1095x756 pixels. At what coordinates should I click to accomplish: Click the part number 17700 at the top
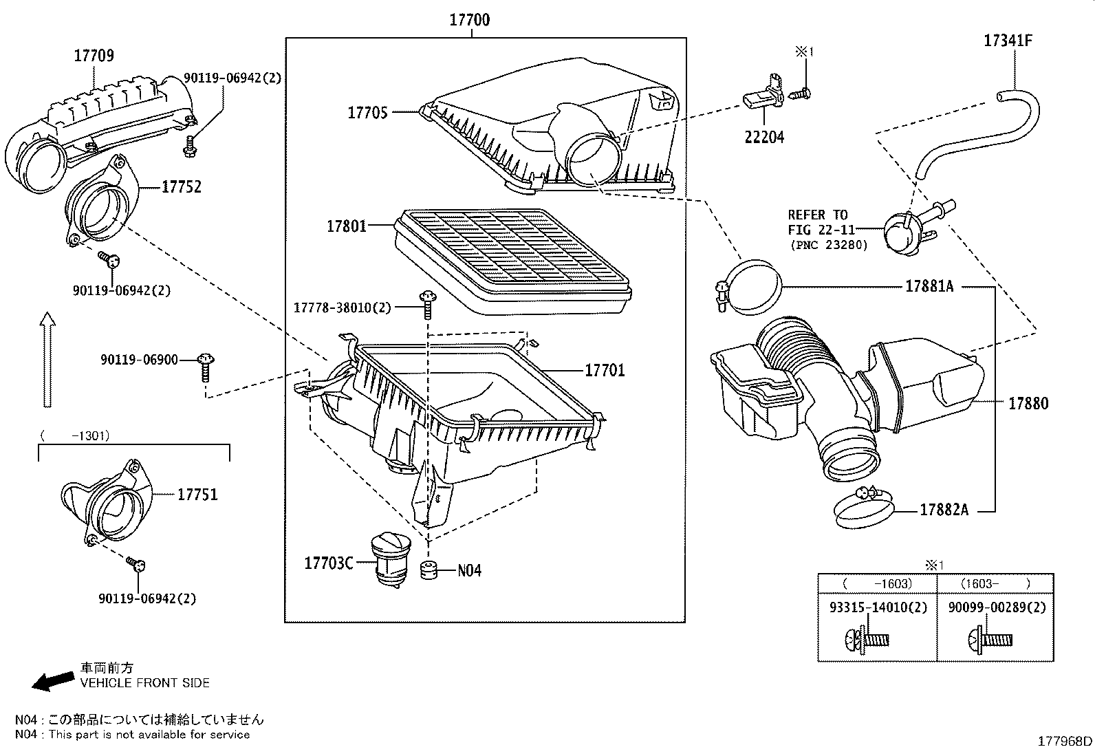[470, 20]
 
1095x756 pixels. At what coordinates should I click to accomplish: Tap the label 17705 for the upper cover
[367, 112]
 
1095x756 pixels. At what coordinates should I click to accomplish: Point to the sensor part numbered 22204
[762, 99]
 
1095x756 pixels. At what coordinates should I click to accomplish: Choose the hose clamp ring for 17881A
[753, 288]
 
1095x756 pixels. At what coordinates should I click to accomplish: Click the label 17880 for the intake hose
[1028, 404]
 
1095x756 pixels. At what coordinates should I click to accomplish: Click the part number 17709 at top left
[94, 56]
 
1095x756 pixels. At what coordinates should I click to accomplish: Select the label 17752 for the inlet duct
[181, 186]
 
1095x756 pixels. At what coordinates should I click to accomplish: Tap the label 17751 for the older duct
[197, 495]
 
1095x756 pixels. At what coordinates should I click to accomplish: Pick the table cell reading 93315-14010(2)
[878, 608]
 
